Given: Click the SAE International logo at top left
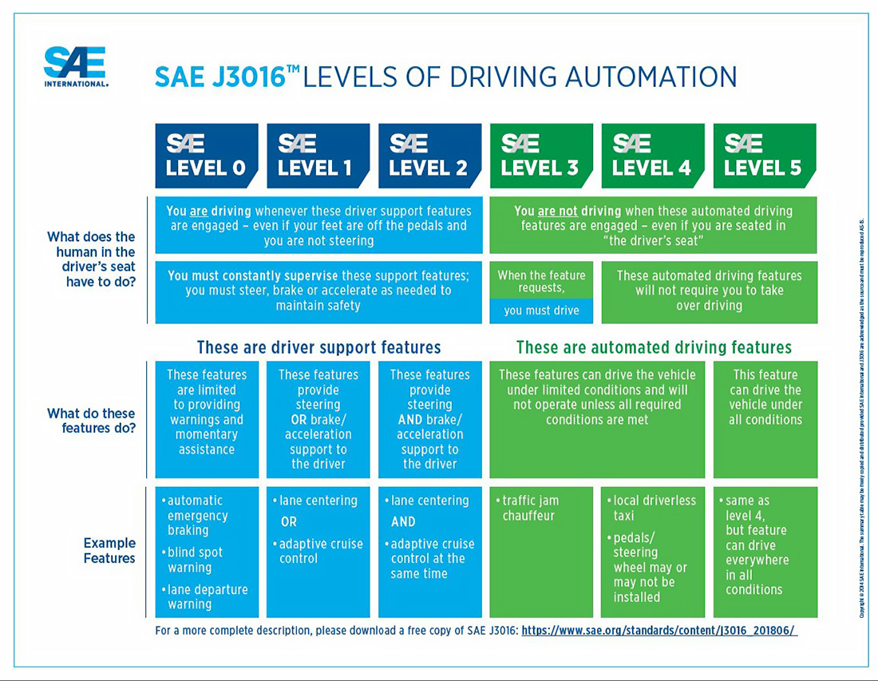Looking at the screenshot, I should pos(76,67).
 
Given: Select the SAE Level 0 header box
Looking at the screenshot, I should pos(206,156).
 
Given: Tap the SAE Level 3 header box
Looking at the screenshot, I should pos(541,156).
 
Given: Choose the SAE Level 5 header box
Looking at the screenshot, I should pos(764,156).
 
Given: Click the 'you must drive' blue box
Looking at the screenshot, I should pos(541,311).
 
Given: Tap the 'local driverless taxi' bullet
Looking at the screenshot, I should pos(653,508).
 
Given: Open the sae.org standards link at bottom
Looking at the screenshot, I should pos(658,631).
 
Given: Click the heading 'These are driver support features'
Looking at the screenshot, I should pos(318,347).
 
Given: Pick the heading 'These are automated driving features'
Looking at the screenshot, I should pos(654,347).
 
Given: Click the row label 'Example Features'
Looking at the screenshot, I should pos(109,550).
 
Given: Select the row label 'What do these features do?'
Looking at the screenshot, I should pos(91,421).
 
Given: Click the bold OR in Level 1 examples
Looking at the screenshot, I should pos(289,521).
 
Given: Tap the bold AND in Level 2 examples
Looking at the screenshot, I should pos(403,521).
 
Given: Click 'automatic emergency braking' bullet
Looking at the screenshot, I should pos(197,515).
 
